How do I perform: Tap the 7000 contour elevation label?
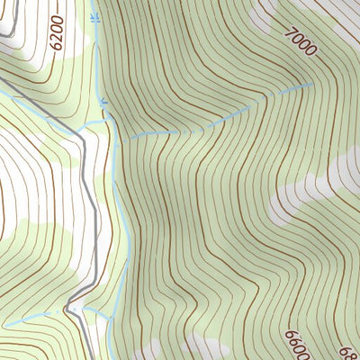pyautogui.click(x=300, y=40)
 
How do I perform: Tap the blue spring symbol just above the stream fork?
pyautogui.click(x=104, y=102)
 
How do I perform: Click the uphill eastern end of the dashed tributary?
pyautogui.click(x=311, y=84)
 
